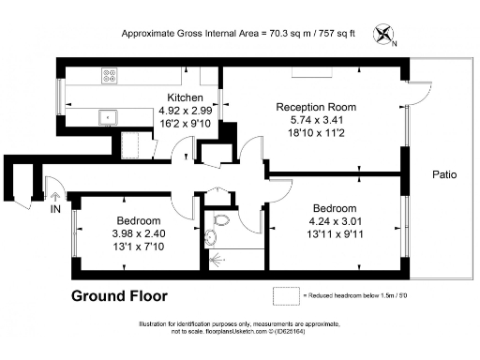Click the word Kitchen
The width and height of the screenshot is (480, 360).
(x=186, y=97)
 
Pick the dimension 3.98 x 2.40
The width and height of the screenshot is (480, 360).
(x=129, y=232)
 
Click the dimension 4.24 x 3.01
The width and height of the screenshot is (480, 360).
(x=335, y=221)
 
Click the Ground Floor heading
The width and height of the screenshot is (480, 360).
(x=120, y=296)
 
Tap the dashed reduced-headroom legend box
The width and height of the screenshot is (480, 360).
(x=285, y=295)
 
